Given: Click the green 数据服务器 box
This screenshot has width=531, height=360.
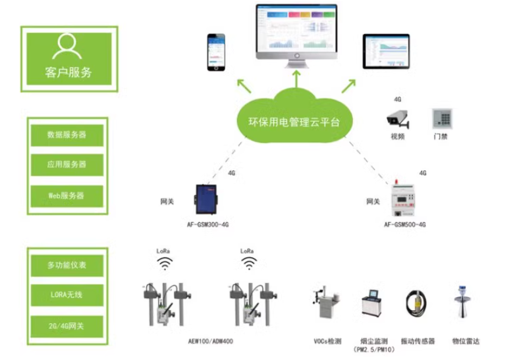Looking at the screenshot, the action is [x=67, y=135].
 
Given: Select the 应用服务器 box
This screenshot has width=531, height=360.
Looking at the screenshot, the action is [x=67, y=165].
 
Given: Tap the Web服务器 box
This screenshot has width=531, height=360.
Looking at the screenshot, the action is [x=67, y=196].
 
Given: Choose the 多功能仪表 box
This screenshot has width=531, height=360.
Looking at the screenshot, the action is [x=67, y=265].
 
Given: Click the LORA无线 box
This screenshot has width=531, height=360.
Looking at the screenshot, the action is [x=67, y=295].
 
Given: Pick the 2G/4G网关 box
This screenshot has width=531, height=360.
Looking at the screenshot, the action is [x=67, y=326].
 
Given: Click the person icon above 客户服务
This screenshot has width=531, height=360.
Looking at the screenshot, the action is [x=66, y=46].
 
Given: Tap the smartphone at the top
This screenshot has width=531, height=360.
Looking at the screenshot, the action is [x=216, y=52].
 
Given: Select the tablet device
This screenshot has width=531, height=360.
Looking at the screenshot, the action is [x=386, y=51].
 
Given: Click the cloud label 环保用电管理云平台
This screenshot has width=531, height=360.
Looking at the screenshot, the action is [x=294, y=122].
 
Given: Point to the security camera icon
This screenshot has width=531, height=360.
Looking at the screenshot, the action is [x=397, y=118].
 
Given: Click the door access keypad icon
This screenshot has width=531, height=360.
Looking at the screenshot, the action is [x=442, y=118].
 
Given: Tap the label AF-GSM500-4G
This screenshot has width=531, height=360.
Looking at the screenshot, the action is [x=405, y=225].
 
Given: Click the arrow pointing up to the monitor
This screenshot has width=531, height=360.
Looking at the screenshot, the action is [x=297, y=79].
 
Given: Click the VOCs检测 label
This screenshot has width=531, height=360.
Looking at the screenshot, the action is [x=327, y=341].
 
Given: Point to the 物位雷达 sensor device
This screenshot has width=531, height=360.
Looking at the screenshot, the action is [x=463, y=301].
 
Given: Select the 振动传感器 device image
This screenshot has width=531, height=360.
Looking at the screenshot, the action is [x=416, y=303].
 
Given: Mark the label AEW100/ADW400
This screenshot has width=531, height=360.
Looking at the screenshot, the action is [x=210, y=341].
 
